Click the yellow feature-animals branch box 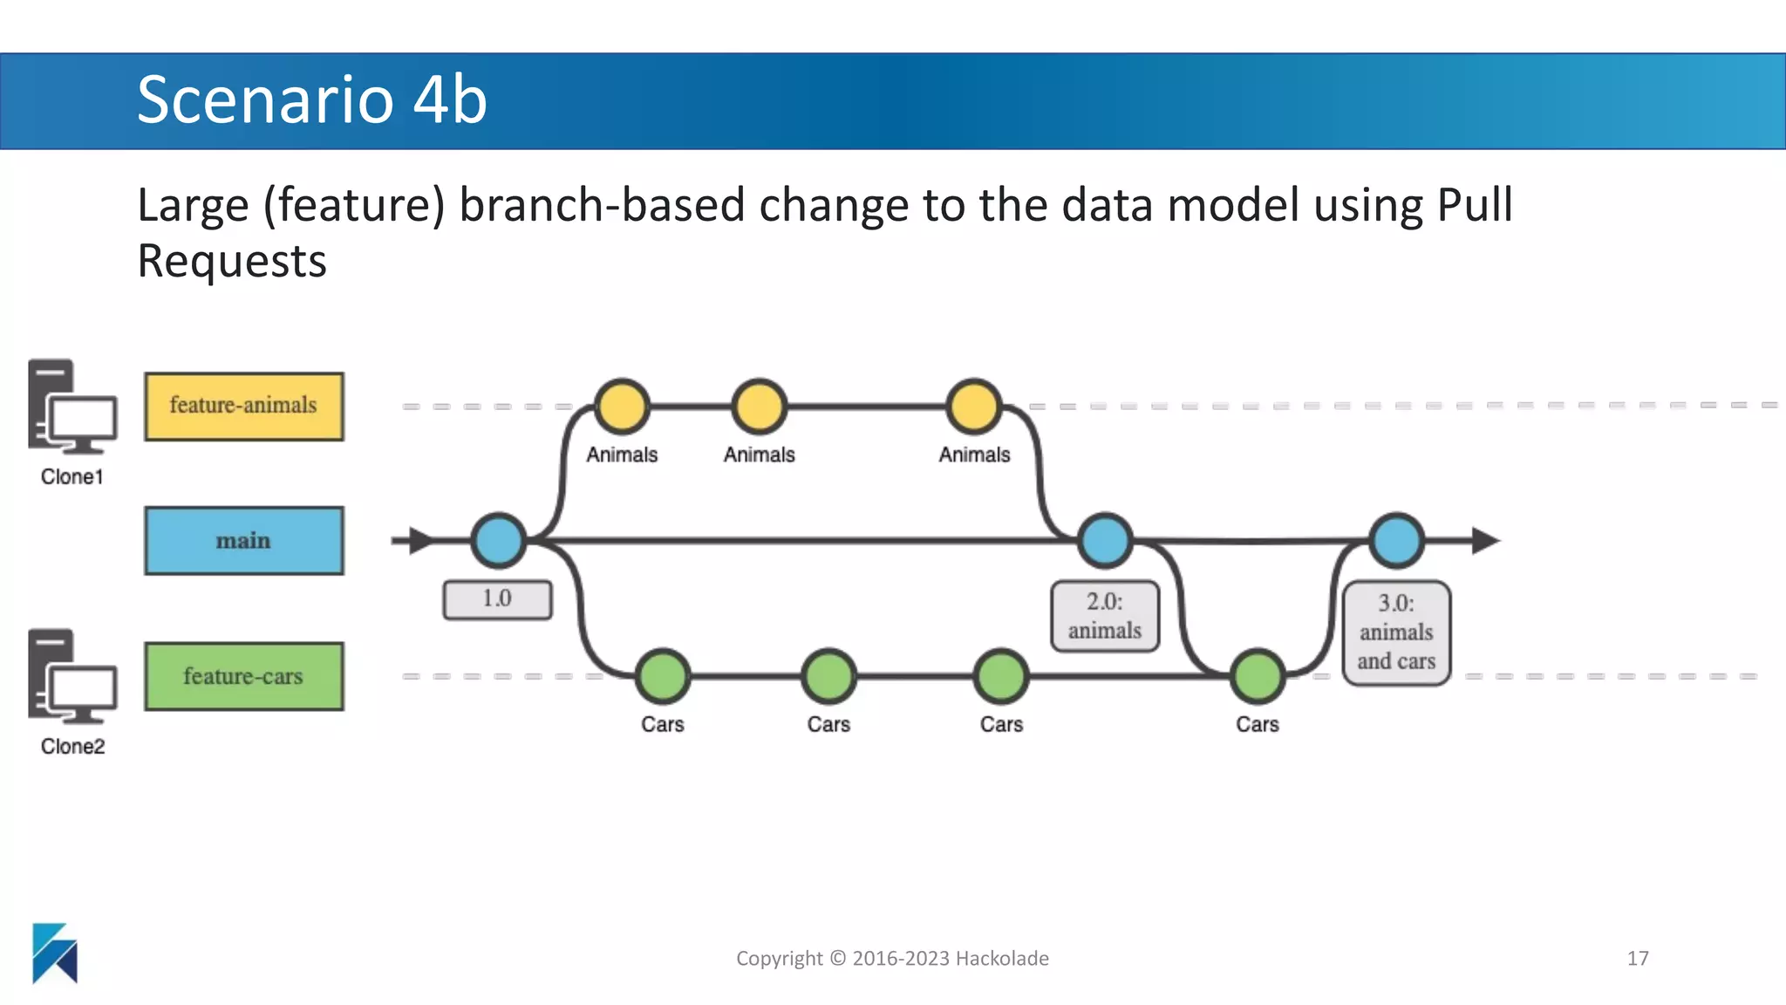click(x=243, y=407)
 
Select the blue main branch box click(x=243, y=541)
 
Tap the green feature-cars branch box click(x=243, y=676)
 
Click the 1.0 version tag click(x=497, y=599)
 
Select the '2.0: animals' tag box click(x=1104, y=616)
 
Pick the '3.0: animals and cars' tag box click(x=1395, y=632)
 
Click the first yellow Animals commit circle click(x=622, y=407)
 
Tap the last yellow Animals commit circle click(x=973, y=407)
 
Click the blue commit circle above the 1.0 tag click(x=498, y=541)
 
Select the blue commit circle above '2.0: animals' click(x=1105, y=541)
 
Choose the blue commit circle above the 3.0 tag click(x=1396, y=541)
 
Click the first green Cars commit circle click(x=663, y=676)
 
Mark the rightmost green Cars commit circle click(x=1257, y=676)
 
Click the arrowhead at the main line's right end click(x=1484, y=541)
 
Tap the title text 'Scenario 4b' click(x=311, y=99)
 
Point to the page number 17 click(x=1637, y=958)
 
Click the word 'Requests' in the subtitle click(x=232, y=261)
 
